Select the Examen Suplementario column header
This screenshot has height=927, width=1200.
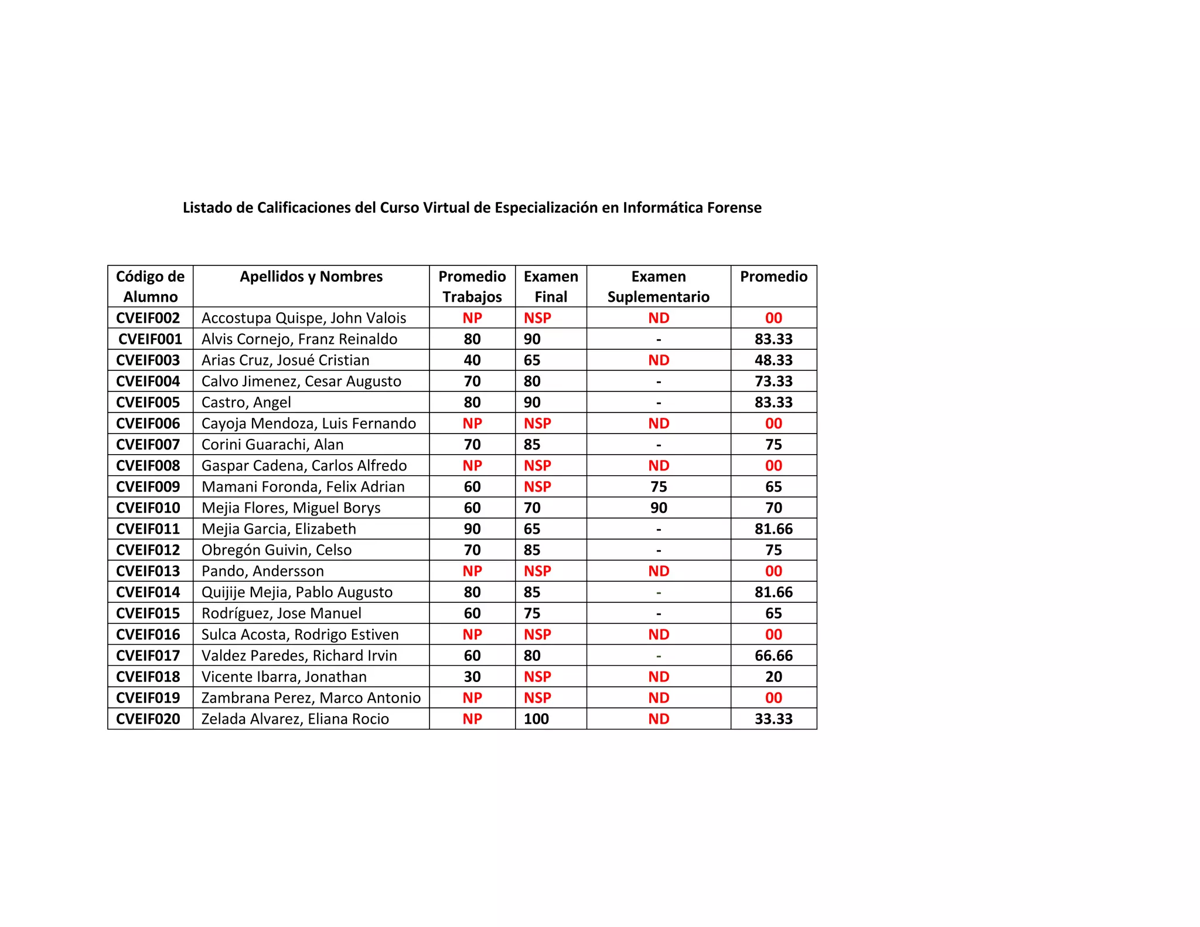pyautogui.click(x=658, y=287)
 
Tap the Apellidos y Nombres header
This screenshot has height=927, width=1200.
pyautogui.click(x=311, y=277)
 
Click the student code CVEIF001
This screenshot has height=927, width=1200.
pyautogui.click(x=150, y=339)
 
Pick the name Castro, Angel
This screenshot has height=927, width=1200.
pyautogui.click(x=246, y=403)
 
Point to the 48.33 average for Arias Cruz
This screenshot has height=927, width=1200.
pyautogui.click(x=773, y=360)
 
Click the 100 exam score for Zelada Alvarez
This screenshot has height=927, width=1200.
pyautogui.click(x=536, y=719)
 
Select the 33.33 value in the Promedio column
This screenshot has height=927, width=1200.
pyautogui.click(x=773, y=719)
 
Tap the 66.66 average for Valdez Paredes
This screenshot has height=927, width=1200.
pyautogui.click(x=773, y=656)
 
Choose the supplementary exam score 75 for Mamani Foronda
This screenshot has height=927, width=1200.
pyautogui.click(x=659, y=487)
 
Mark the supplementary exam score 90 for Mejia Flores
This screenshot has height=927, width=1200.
pyautogui.click(x=659, y=508)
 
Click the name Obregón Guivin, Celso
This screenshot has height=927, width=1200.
pyautogui.click(x=277, y=550)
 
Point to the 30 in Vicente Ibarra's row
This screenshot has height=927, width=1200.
pyautogui.click(x=472, y=677)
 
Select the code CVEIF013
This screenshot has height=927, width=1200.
pyautogui.click(x=148, y=571)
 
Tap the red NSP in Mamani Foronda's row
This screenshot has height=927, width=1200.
pyautogui.click(x=537, y=487)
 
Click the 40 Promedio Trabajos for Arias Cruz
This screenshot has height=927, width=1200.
pyautogui.click(x=472, y=360)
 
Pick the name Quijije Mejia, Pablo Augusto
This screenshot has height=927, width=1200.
pyautogui.click(x=297, y=592)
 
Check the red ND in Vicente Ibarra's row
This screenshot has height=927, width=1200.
pyautogui.click(x=659, y=677)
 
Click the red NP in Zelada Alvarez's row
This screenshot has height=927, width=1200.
pyautogui.click(x=472, y=719)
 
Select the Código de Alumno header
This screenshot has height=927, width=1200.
pyautogui.click(x=150, y=287)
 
